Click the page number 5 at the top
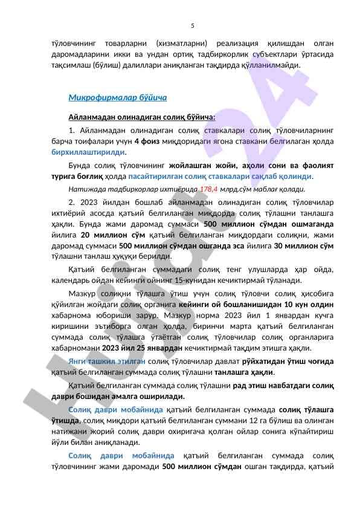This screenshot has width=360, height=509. coord(192,25)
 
